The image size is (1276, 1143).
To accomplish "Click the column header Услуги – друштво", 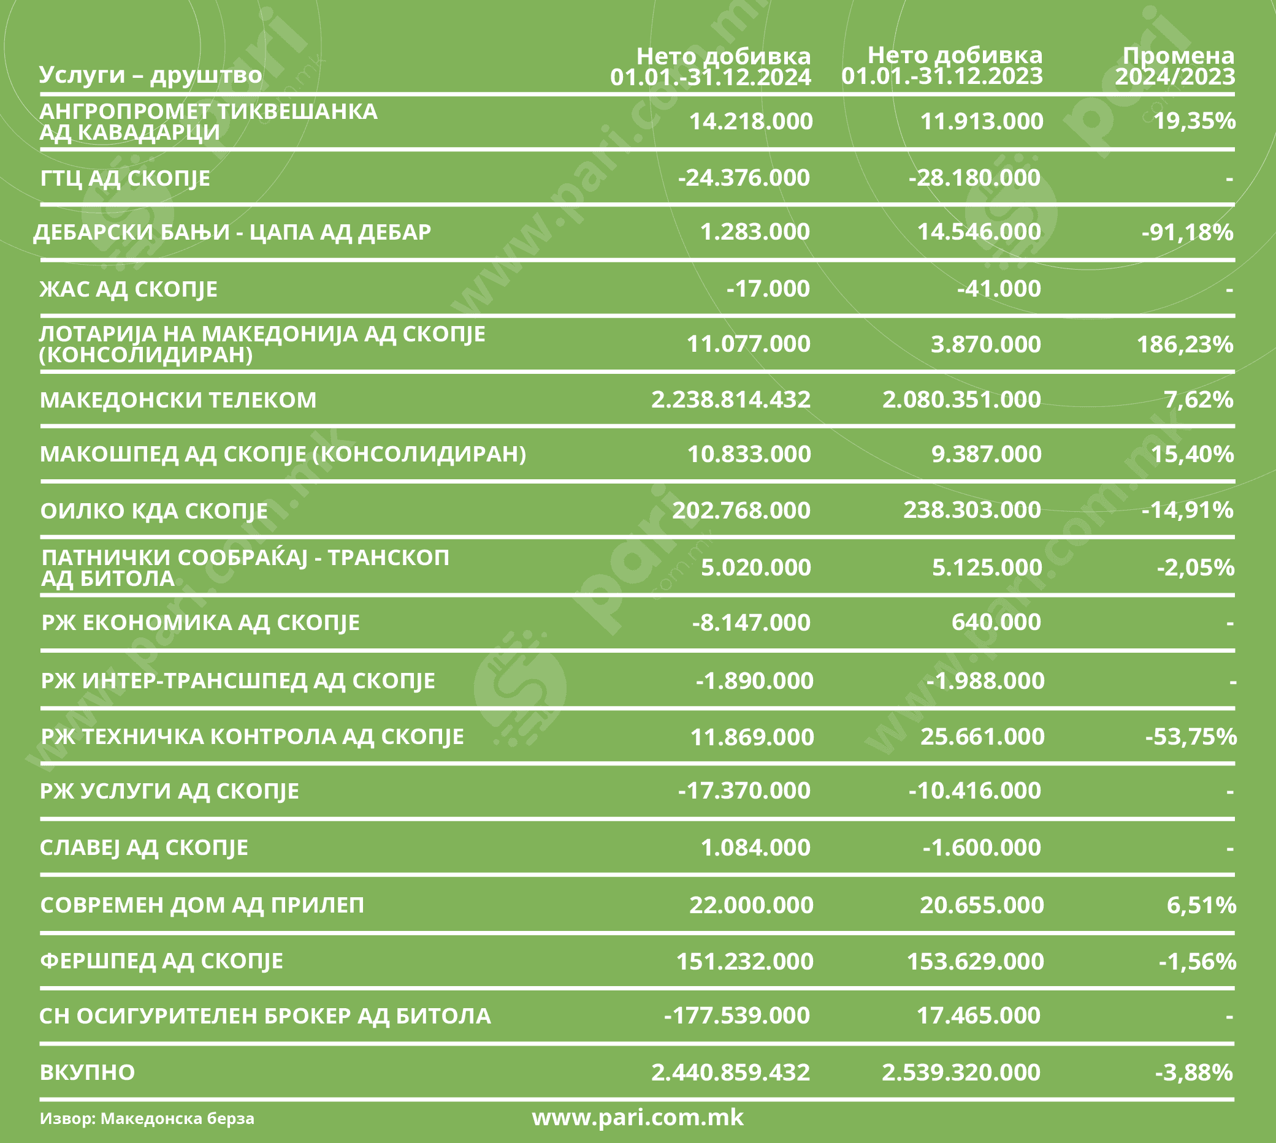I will coord(150,75).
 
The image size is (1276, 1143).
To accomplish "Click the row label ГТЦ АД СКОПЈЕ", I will coord(125,178).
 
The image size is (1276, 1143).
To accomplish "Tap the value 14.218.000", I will coord(750,121).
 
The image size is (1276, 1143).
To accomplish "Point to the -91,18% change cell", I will coord(1187,232).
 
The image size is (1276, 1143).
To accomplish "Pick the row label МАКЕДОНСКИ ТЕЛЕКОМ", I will coord(178,400).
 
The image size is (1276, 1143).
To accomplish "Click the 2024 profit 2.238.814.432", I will coord(730,400).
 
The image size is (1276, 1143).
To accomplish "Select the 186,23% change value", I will coord(1185,344).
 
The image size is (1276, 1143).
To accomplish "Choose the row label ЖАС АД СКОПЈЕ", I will coord(128,289).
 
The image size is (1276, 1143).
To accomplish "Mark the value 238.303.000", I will coord(971,510).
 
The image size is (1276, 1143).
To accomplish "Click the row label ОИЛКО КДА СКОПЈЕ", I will coord(154,511).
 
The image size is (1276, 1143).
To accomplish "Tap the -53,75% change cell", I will coord(1191,736).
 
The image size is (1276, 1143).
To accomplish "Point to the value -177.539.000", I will coord(736,1015).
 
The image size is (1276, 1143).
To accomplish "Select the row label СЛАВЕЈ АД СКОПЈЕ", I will coord(144,848).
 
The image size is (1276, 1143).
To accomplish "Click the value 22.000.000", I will coord(751,905).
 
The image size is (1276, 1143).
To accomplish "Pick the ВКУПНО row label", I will coord(87,1072).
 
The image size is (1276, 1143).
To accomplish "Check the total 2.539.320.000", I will coord(961,1072).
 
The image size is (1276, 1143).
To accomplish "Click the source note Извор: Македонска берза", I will coord(147,1118).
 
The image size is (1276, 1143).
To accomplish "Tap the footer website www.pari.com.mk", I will coord(637,1117).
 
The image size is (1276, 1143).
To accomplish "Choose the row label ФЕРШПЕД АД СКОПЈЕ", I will coord(161,961).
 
